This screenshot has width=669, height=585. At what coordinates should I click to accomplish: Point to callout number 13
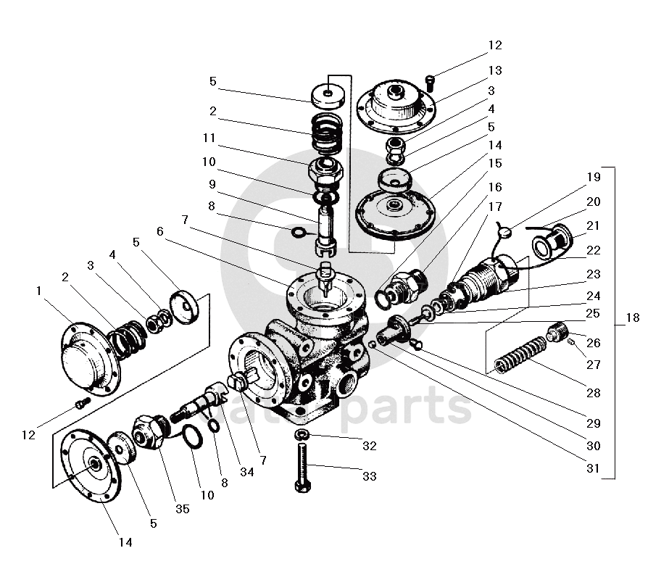click(x=494, y=71)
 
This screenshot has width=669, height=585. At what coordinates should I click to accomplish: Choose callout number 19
click(x=593, y=177)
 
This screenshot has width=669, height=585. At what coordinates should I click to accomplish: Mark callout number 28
click(x=593, y=394)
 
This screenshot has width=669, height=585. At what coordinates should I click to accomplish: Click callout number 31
click(x=593, y=468)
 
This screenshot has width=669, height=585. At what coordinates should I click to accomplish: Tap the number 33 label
click(x=370, y=476)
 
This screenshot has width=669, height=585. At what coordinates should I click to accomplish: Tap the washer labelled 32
click(x=302, y=434)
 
